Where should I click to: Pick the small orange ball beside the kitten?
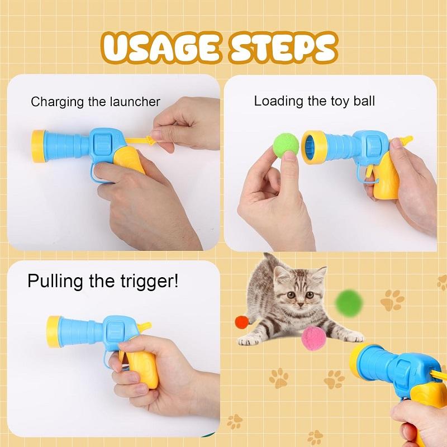click(241, 322)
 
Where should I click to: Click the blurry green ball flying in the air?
click(349, 302)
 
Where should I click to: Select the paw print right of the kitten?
click(392, 301)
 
